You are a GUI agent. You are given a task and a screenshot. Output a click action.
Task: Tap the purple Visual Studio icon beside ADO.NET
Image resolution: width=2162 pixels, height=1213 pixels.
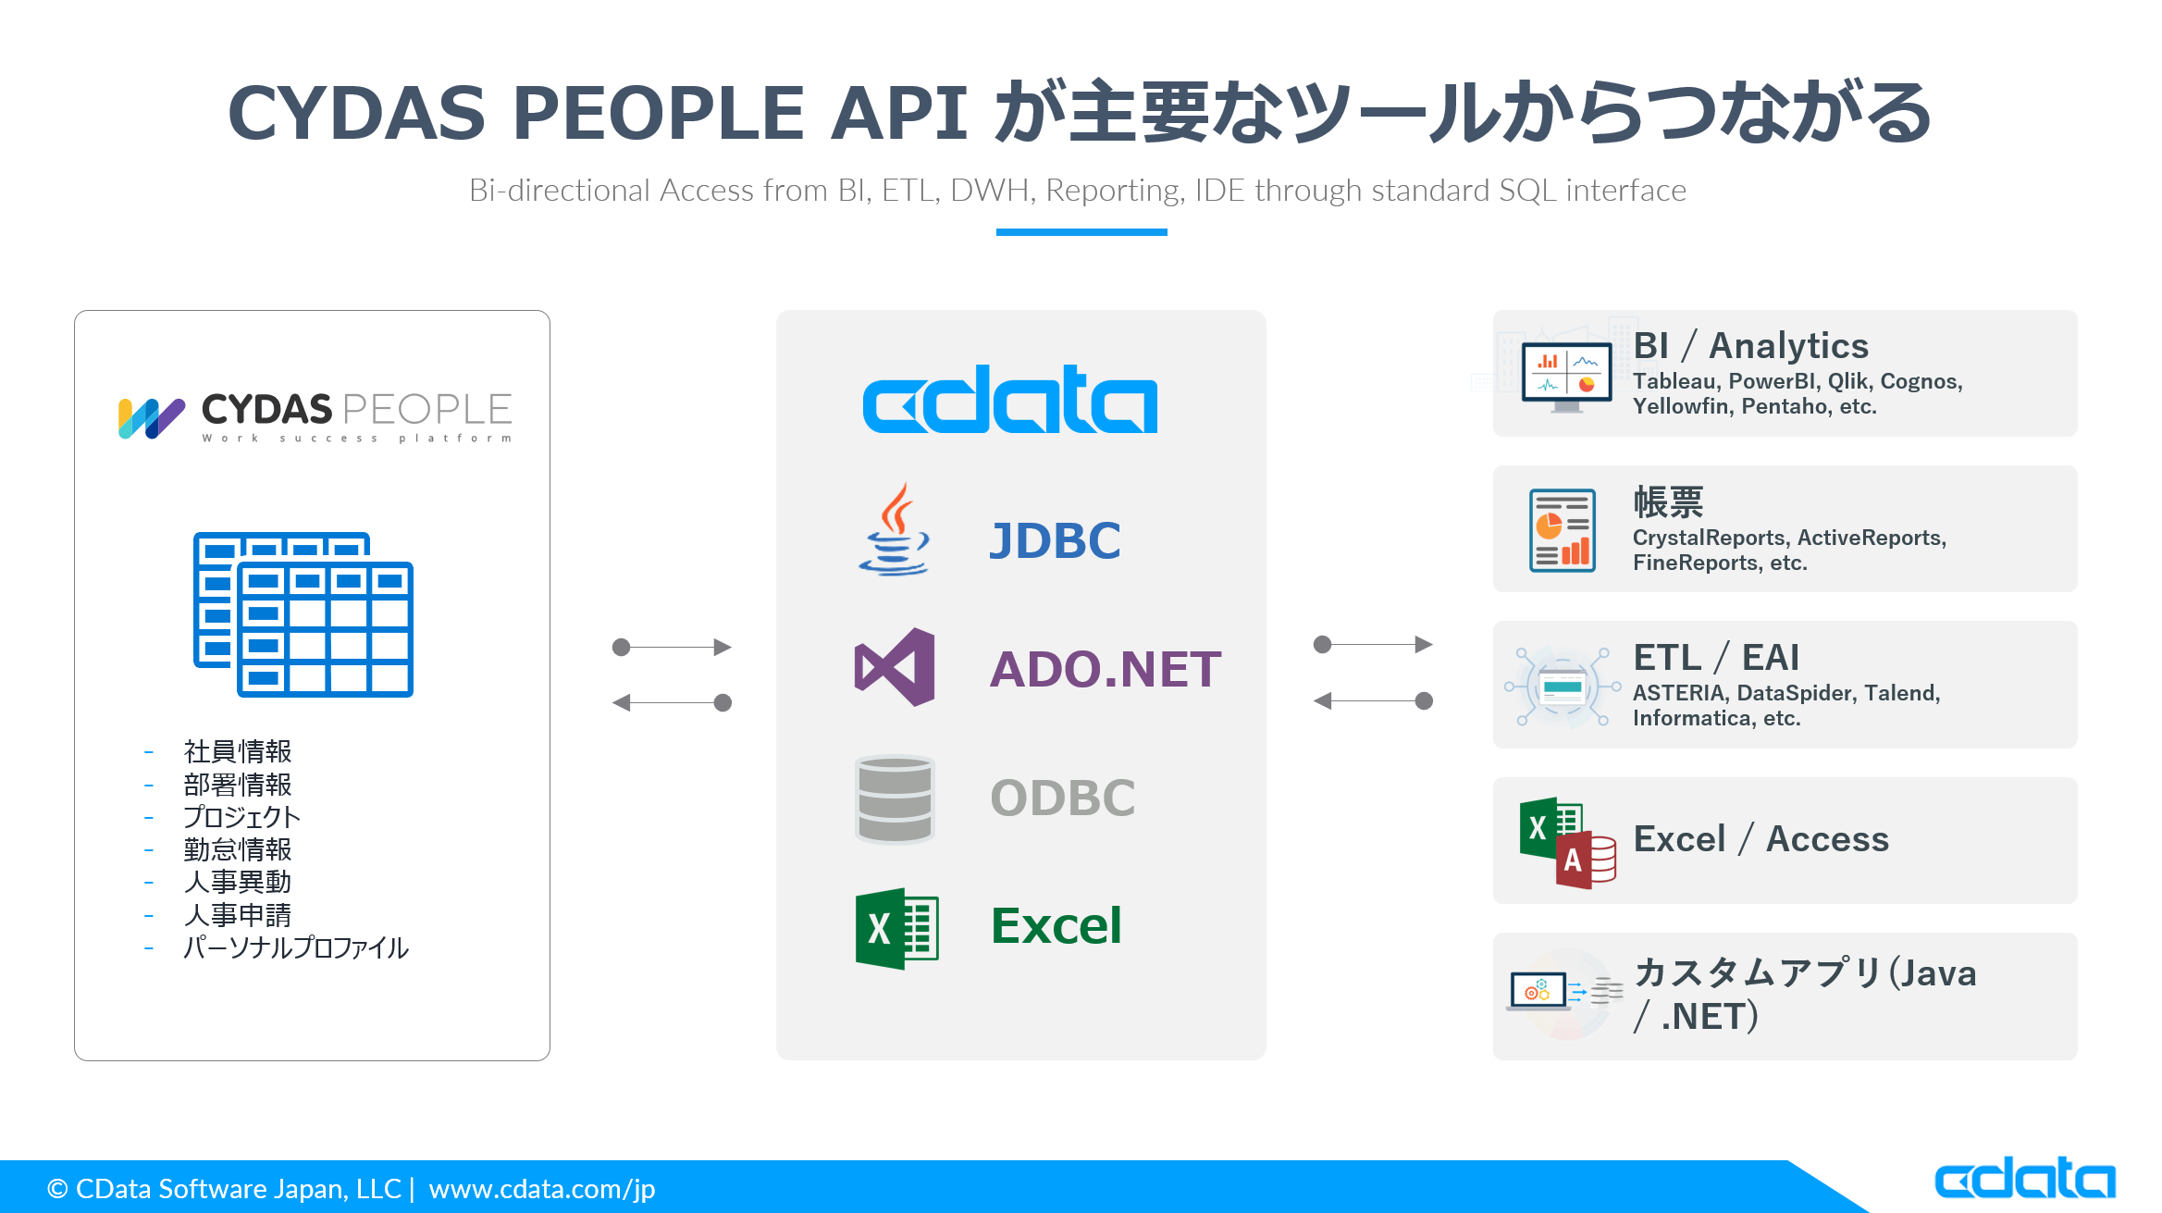[x=895, y=667]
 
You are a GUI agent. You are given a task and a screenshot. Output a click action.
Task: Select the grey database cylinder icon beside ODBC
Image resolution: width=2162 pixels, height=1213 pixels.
[x=895, y=798]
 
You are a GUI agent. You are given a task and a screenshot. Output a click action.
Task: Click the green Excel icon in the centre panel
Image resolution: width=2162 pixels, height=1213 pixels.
[x=896, y=928]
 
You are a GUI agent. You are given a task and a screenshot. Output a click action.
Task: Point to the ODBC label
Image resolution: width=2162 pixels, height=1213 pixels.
[x=1062, y=798]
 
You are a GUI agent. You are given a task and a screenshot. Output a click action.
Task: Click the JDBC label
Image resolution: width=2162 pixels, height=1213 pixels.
[x=1055, y=541]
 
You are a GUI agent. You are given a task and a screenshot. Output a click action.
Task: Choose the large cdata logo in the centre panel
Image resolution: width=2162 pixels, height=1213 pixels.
[x=1009, y=400]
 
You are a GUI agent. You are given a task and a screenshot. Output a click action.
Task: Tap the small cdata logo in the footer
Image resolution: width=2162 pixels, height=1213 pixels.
[x=2024, y=1179]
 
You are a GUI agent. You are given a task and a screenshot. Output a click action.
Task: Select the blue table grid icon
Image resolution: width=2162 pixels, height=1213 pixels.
[x=303, y=614]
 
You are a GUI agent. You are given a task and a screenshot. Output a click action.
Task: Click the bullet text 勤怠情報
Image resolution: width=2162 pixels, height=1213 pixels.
[x=238, y=849]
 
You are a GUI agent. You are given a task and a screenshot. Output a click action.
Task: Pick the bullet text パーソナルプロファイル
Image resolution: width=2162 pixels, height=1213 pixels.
[x=295, y=947]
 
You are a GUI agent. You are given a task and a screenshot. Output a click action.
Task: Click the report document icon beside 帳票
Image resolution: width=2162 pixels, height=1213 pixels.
[x=1563, y=530]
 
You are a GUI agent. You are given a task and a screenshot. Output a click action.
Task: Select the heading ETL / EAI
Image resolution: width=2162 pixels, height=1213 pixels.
[x=1716, y=658]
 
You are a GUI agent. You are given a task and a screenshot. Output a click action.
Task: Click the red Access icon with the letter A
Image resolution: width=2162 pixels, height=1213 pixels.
[x=1584, y=860]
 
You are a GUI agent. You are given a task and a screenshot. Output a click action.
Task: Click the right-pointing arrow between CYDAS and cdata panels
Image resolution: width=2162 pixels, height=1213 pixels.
[x=673, y=647]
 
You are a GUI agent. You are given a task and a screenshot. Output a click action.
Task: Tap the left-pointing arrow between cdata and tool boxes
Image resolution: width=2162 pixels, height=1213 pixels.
[x=1373, y=701]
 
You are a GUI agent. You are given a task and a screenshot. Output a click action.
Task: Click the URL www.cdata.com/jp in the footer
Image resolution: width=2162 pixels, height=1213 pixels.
[x=542, y=1189]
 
